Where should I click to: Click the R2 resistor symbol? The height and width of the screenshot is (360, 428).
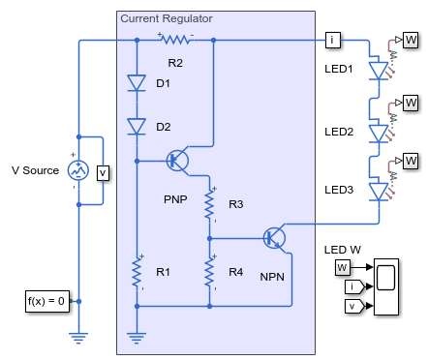pos(175,40)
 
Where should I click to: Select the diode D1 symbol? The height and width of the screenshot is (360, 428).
pos(137,83)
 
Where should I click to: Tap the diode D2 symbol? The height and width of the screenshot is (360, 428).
pos(137,127)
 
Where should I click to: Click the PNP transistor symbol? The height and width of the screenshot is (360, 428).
pos(177,160)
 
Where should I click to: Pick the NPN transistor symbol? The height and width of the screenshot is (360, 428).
pos(274,238)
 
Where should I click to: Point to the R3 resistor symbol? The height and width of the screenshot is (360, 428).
pos(209,204)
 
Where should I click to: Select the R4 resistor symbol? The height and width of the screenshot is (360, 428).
pos(209,272)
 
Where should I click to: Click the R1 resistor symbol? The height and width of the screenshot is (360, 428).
pos(137,272)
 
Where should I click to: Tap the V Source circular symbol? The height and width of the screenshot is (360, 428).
pos(78,170)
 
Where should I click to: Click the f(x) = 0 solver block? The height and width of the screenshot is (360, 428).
pos(47,301)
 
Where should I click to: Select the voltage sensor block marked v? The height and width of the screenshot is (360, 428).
pos(103,173)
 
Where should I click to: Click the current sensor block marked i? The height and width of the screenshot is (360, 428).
pos(333,40)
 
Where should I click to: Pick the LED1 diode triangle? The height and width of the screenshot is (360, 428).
pos(379,71)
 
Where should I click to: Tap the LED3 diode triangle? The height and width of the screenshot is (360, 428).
pos(379,192)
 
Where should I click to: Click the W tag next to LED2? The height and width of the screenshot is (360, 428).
pos(411,103)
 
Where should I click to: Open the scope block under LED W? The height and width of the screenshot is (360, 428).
pos(386,286)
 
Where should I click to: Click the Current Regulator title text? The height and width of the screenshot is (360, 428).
pos(167,18)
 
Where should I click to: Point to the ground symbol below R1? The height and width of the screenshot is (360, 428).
pos(137,338)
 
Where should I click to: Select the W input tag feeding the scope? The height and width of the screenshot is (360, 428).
pos(343,267)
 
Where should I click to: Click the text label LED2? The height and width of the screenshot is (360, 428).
pos(339,132)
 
